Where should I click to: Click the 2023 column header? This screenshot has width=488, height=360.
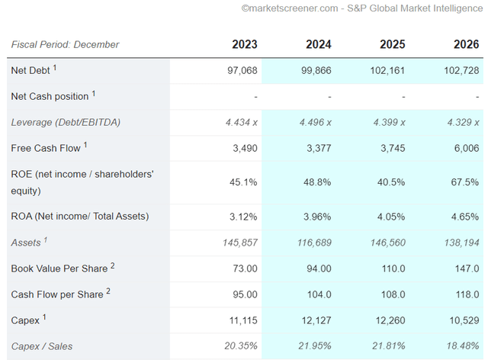[245, 44]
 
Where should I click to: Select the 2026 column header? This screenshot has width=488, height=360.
[466, 44]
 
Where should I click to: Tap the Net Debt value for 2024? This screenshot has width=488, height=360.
[316, 70]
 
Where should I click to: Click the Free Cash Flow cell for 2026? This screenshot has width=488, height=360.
[467, 148]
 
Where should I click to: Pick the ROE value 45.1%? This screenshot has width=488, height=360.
[243, 182]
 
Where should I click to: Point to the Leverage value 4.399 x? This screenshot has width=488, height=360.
[390, 122]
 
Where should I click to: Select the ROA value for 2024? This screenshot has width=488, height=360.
[317, 217]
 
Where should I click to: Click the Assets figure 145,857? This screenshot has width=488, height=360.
[240, 243]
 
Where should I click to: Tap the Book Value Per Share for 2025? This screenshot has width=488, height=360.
[393, 268]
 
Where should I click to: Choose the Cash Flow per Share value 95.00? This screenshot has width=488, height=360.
[246, 294]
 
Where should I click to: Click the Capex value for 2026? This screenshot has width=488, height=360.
[464, 320]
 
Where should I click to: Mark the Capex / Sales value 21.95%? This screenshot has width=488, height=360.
[315, 346]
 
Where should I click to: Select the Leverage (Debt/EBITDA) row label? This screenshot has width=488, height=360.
[66, 122]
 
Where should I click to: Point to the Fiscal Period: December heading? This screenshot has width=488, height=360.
[65, 44]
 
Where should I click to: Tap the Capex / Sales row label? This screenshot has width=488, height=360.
[42, 346]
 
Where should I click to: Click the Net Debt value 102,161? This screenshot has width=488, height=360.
[387, 70]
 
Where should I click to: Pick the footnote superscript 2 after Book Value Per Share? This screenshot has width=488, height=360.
[113, 265]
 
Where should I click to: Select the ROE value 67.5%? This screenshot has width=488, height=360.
[465, 182]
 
